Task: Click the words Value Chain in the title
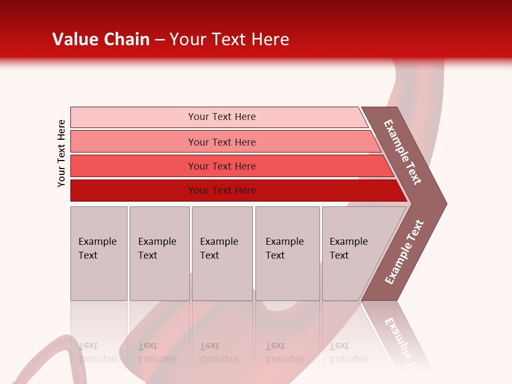tap(101, 39)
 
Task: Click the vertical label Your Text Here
tap(61, 153)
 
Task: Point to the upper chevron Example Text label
tap(403, 152)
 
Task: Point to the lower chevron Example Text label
tap(404, 252)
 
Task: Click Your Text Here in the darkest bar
tap(222, 190)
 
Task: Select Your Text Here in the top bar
tap(222, 117)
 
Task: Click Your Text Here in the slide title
tap(229, 39)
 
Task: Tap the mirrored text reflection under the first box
tap(98, 353)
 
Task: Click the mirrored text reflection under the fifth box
tap(349, 353)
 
